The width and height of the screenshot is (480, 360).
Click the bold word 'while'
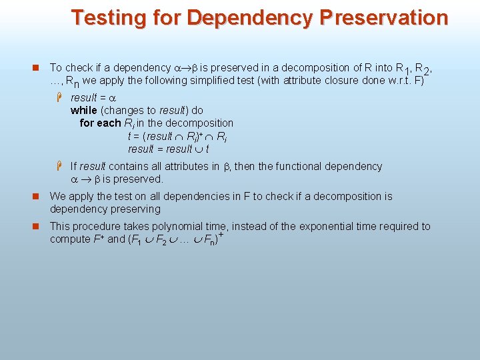pos(83,110)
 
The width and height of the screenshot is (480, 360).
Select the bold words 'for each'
pos(100,123)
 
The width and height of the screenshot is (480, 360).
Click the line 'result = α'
pos(93,97)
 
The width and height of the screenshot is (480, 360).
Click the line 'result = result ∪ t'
pos(168,149)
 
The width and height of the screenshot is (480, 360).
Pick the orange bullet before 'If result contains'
pos(59,166)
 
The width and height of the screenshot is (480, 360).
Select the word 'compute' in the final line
pos(69,239)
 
